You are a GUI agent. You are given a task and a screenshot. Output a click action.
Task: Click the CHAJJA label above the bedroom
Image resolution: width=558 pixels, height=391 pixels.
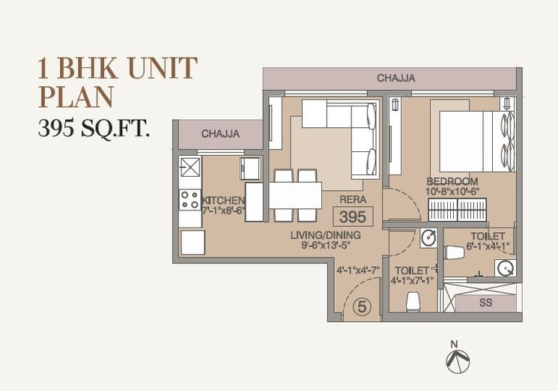396,78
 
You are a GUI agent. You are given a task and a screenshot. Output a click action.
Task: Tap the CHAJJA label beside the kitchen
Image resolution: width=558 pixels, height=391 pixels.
220,134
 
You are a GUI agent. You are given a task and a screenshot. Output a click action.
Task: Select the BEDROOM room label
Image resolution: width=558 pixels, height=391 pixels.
452,181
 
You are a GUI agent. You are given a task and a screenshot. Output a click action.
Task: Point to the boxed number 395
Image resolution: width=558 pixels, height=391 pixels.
352,218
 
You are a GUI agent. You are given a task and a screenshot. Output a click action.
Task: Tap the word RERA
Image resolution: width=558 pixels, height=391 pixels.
352,200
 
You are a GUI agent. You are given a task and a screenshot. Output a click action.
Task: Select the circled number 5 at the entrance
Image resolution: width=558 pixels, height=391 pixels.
362,306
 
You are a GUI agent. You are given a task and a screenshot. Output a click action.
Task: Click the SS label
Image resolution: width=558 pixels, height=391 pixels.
486,303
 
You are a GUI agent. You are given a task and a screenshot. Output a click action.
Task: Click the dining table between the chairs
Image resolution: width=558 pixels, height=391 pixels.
295,195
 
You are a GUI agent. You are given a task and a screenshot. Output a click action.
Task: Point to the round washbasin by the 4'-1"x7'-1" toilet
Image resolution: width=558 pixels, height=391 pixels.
428,239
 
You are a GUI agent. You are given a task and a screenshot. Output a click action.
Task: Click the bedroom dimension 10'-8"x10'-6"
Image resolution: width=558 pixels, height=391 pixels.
452,192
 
